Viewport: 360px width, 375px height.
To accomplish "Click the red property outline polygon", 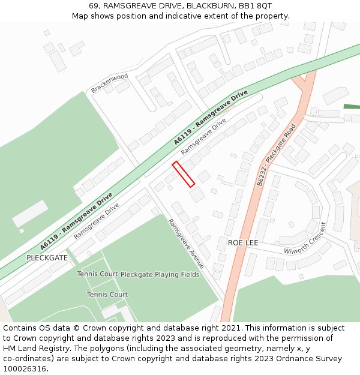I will point(184,174).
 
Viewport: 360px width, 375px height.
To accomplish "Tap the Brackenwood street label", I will point(110,83).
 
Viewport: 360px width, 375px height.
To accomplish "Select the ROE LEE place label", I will point(243,242).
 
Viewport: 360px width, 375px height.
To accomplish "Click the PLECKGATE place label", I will point(47,257).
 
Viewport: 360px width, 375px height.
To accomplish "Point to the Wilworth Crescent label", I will point(305,241).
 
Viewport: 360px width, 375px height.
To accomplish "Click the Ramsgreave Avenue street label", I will point(186,243).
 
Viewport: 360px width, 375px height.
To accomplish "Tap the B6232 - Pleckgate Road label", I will point(277,154).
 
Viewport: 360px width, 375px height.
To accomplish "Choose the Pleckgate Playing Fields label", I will point(160,274).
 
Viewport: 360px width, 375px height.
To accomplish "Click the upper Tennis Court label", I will point(97,274).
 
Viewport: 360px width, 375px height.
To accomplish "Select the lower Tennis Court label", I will point(107,295).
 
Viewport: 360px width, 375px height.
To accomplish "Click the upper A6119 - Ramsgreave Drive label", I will point(211,118).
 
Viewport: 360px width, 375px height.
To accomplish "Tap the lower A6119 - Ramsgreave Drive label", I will point(76,221).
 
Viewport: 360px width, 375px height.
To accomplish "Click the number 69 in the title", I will point(94,5).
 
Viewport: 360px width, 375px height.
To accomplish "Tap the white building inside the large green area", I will point(30,214).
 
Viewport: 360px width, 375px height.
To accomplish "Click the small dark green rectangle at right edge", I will point(352,106).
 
